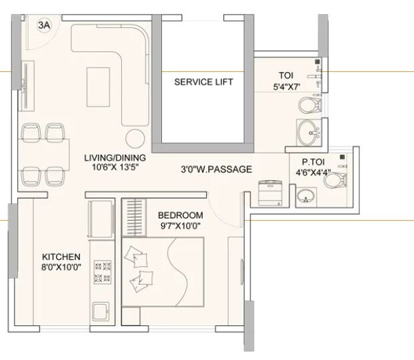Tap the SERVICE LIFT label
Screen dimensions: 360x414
(x=204, y=82)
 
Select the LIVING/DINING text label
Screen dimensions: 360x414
(x=115, y=158)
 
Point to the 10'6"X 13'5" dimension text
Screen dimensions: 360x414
(x=115, y=168)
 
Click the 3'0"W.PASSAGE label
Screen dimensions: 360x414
(x=216, y=169)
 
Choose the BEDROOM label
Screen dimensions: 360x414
(x=180, y=215)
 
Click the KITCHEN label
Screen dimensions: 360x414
(x=61, y=257)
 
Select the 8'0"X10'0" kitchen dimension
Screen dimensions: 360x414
(x=61, y=267)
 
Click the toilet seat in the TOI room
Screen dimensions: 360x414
(x=308, y=105)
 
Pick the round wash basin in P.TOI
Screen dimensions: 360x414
(x=306, y=196)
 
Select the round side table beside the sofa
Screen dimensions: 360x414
(x=135, y=137)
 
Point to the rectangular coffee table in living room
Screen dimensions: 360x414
(x=97, y=85)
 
